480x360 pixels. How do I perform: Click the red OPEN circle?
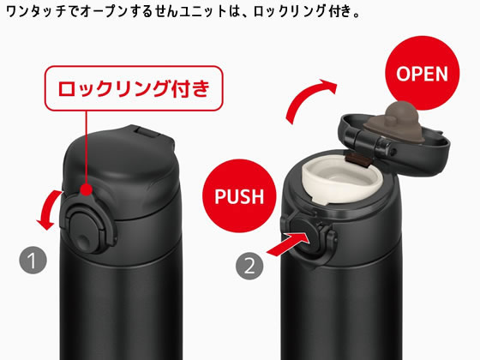(x=422, y=73)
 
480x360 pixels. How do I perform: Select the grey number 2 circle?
(x=249, y=264)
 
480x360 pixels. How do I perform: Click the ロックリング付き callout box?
(x=140, y=89)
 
